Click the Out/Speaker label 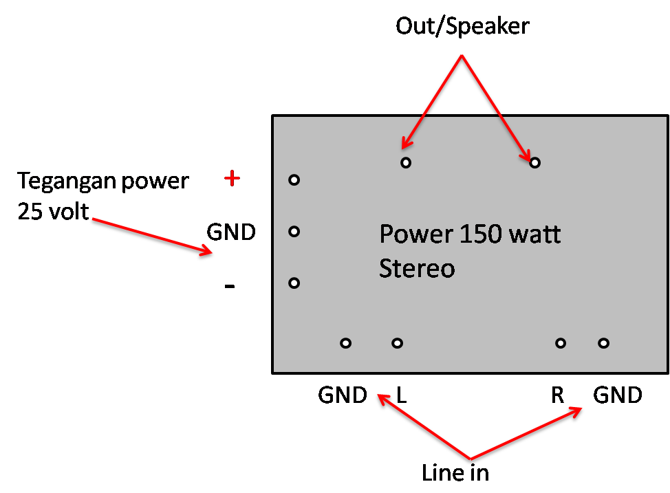pyautogui.click(x=462, y=27)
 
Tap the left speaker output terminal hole pyautogui.click(x=406, y=163)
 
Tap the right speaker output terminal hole pyautogui.click(x=534, y=163)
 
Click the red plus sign pyautogui.click(x=233, y=179)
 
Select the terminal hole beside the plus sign pyautogui.click(x=294, y=180)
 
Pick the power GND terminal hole pyautogui.click(x=294, y=232)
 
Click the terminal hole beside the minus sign pyautogui.click(x=294, y=283)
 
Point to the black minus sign pyautogui.click(x=230, y=286)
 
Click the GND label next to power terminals pyautogui.click(x=231, y=232)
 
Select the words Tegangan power pyautogui.click(x=103, y=181)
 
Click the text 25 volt pyautogui.click(x=53, y=210)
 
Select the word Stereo pyautogui.click(x=417, y=268)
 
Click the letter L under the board pyautogui.click(x=402, y=395)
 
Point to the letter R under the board pyautogui.click(x=557, y=395)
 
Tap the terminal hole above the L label pyautogui.click(x=397, y=343)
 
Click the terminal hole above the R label pyautogui.click(x=561, y=343)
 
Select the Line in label pyautogui.click(x=455, y=473)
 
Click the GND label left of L pyautogui.click(x=342, y=395)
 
